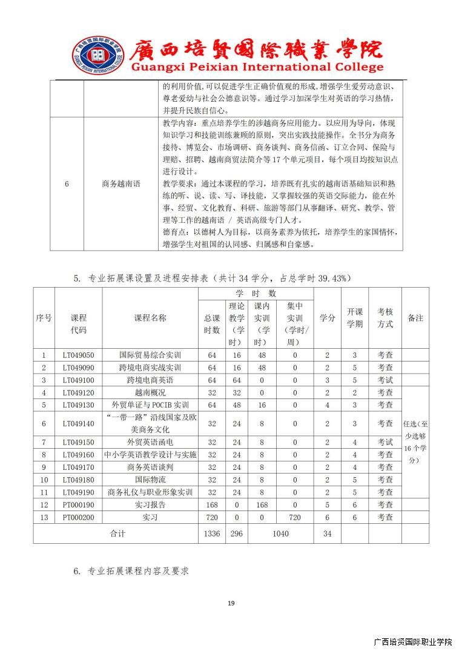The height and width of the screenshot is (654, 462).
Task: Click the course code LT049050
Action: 78,355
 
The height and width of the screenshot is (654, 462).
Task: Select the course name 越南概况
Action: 150,392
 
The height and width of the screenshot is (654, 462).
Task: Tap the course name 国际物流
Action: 150,480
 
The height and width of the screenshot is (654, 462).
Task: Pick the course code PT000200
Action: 78,517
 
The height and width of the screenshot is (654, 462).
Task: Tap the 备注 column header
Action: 415,318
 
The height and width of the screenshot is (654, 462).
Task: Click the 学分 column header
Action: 327,318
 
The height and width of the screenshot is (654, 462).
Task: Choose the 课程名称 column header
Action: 150,318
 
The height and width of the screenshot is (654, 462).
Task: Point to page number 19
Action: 231,603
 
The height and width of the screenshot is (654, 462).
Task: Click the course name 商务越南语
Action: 120,183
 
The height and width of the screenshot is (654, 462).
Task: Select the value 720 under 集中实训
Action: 295,517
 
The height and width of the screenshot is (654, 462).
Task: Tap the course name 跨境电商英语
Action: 150,380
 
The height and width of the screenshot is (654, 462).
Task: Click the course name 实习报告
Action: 150,504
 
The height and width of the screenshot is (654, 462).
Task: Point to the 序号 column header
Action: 44,318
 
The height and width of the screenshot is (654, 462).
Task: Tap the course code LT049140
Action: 78,423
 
